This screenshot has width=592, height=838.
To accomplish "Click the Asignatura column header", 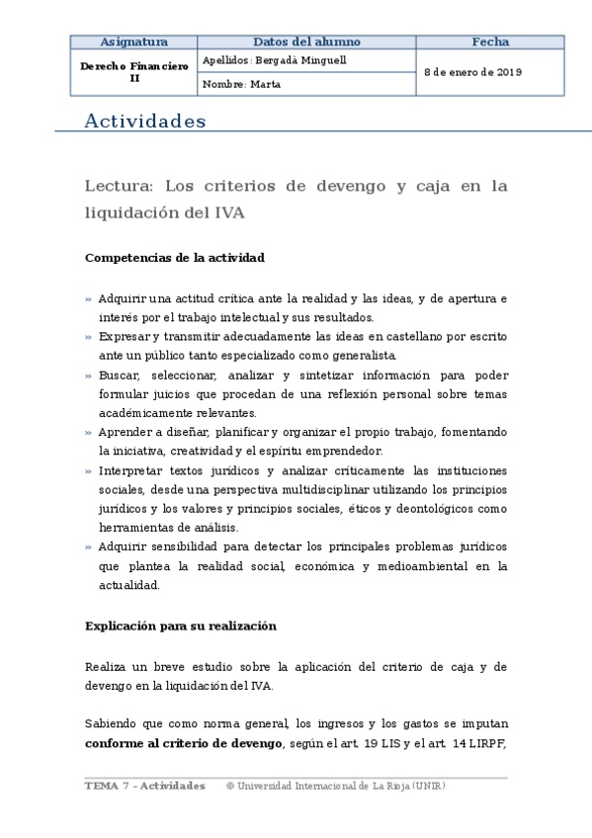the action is (134, 42).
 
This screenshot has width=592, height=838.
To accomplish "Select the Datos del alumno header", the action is (306, 42).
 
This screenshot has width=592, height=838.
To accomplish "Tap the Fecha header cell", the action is (490, 42).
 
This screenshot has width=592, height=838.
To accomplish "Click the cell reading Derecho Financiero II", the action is (134, 72).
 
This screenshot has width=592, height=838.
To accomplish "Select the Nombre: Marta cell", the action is (241, 84).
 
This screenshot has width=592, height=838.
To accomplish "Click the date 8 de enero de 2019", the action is (473, 72).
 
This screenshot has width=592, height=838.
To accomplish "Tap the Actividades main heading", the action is (145, 122).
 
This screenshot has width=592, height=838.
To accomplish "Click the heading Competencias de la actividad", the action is (175, 258).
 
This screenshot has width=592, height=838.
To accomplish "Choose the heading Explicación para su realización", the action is (181, 626).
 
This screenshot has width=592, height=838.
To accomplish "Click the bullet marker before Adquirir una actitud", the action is (88, 298).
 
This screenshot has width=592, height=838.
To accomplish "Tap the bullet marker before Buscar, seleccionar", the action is (88, 376).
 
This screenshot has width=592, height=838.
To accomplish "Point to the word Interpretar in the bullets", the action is (130, 470).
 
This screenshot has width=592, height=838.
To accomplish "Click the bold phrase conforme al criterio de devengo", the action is (184, 743).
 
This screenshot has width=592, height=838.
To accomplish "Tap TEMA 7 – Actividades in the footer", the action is (145, 786).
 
